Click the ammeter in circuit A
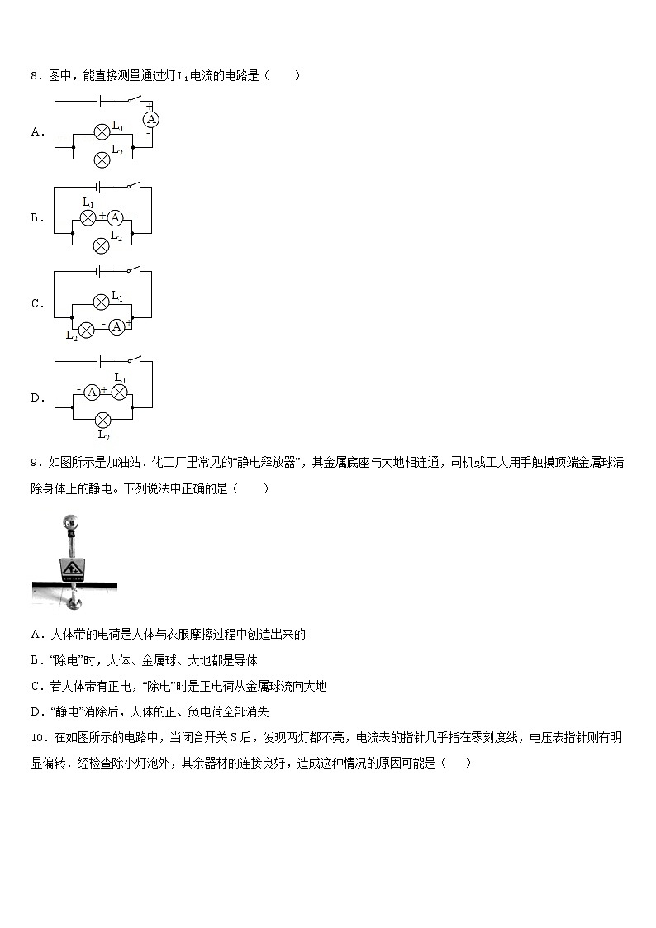pyautogui.click(x=151, y=119)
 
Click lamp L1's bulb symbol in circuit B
pyautogui.click(x=88, y=217)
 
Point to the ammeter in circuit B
pyautogui.click(x=116, y=217)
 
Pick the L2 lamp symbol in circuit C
pyautogui.click(x=83, y=326)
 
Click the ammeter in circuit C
pyautogui.click(x=116, y=326)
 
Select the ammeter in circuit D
pyautogui.click(x=92, y=392)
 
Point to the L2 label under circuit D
pyautogui.click(x=103, y=435)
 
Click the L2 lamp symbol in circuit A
pyautogui.click(x=101, y=159)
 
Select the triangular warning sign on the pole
pyautogui.click(x=71, y=569)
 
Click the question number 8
pyautogui.click(x=34, y=76)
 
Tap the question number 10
pyautogui.click(x=37, y=737)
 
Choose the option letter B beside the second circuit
pyautogui.click(x=36, y=218)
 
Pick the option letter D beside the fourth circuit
pyautogui.click(x=36, y=397)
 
